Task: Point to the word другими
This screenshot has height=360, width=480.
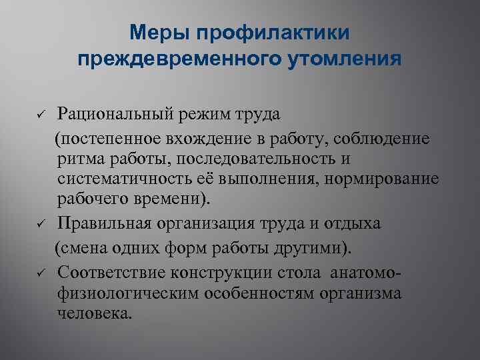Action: click(x=311, y=247)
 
